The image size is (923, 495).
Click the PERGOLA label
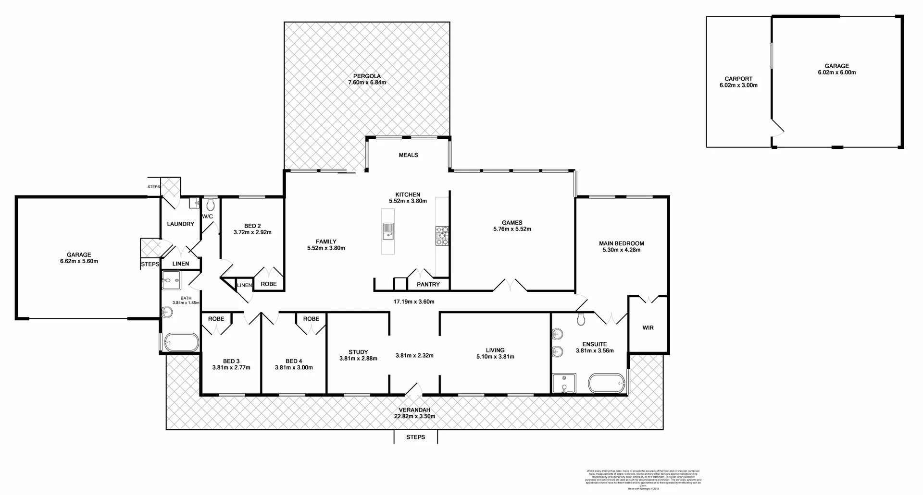tap(367, 76)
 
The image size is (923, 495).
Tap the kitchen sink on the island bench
tap(387, 231)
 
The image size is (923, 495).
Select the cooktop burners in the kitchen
tap(442, 236)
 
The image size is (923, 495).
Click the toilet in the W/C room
tap(210, 205)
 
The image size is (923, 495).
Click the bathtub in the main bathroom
tap(181, 343)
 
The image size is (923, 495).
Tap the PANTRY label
tap(428, 285)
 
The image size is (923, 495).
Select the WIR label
tap(648, 328)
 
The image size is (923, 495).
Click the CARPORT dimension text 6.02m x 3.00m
tap(738, 85)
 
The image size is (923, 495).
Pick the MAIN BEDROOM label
tap(621, 243)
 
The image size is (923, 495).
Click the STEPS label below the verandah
tap(415, 437)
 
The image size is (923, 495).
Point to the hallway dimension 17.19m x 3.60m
tap(413, 302)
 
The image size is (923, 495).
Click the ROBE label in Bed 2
tap(268, 284)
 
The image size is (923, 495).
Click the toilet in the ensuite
tap(581, 319)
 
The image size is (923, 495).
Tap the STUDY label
tap(358, 352)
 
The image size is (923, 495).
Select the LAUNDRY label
tap(180, 224)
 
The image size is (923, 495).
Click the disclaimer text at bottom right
tap(643, 480)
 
